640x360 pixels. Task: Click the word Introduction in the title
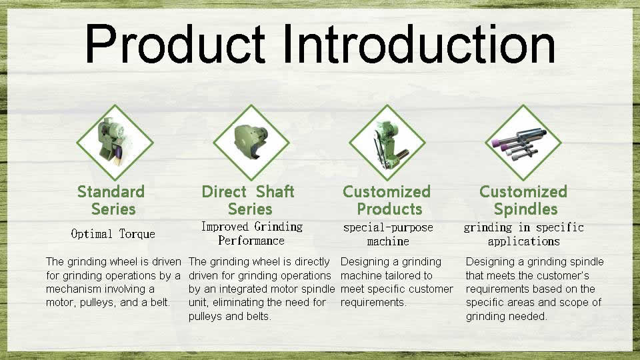click(419, 44)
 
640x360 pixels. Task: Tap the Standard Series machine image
click(115, 142)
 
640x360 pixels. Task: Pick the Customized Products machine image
click(387, 142)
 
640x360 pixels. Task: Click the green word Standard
click(111, 191)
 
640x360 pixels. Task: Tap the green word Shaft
click(275, 191)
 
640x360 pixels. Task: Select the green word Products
click(389, 209)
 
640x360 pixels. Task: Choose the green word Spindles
click(526, 209)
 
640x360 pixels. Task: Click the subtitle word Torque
click(137, 234)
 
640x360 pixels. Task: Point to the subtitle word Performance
click(251, 241)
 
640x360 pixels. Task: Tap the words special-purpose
click(388, 228)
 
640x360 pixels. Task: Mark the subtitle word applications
click(524, 241)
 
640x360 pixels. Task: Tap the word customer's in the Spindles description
click(565, 275)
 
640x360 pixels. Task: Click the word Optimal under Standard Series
click(91, 234)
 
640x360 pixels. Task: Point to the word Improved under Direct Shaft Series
click(225, 227)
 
